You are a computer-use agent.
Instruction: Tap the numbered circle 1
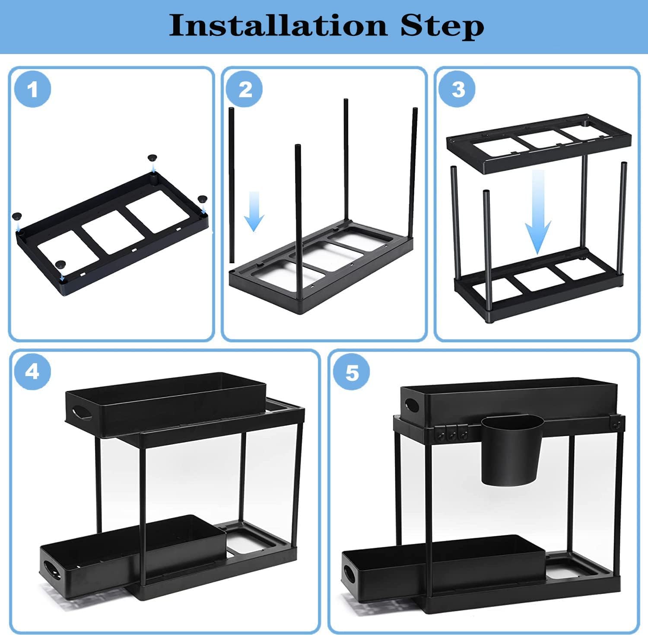32,90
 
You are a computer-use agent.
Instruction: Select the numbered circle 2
245,90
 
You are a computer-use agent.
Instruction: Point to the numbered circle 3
457,90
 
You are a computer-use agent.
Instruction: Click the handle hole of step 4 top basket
82,413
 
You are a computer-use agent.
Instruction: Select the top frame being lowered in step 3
538,143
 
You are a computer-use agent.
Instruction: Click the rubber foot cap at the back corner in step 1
152,158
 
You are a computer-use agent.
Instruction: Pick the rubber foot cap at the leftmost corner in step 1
17,216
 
